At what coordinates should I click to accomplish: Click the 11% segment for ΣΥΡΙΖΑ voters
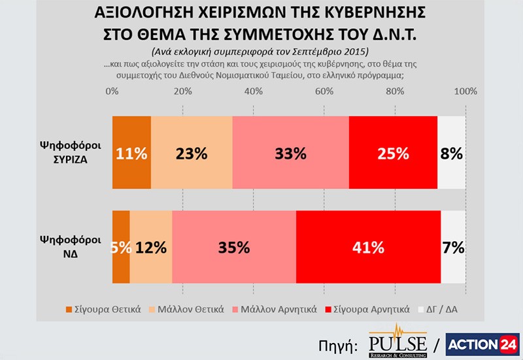coord(131,153)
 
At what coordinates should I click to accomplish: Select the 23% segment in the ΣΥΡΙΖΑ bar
coord(192,153)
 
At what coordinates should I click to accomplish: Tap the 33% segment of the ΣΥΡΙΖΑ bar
coord(290,153)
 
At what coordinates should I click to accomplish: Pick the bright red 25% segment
coord(393,153)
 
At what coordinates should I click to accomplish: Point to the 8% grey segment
coord(451,153)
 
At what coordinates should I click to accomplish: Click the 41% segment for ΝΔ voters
coord(368,247)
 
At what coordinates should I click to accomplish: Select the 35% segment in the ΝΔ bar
coord(234,247)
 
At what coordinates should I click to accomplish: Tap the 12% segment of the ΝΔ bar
coord(151,247)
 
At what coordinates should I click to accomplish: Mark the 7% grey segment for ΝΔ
coord(453,247)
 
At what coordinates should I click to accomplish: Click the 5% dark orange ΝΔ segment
coord(122,247)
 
